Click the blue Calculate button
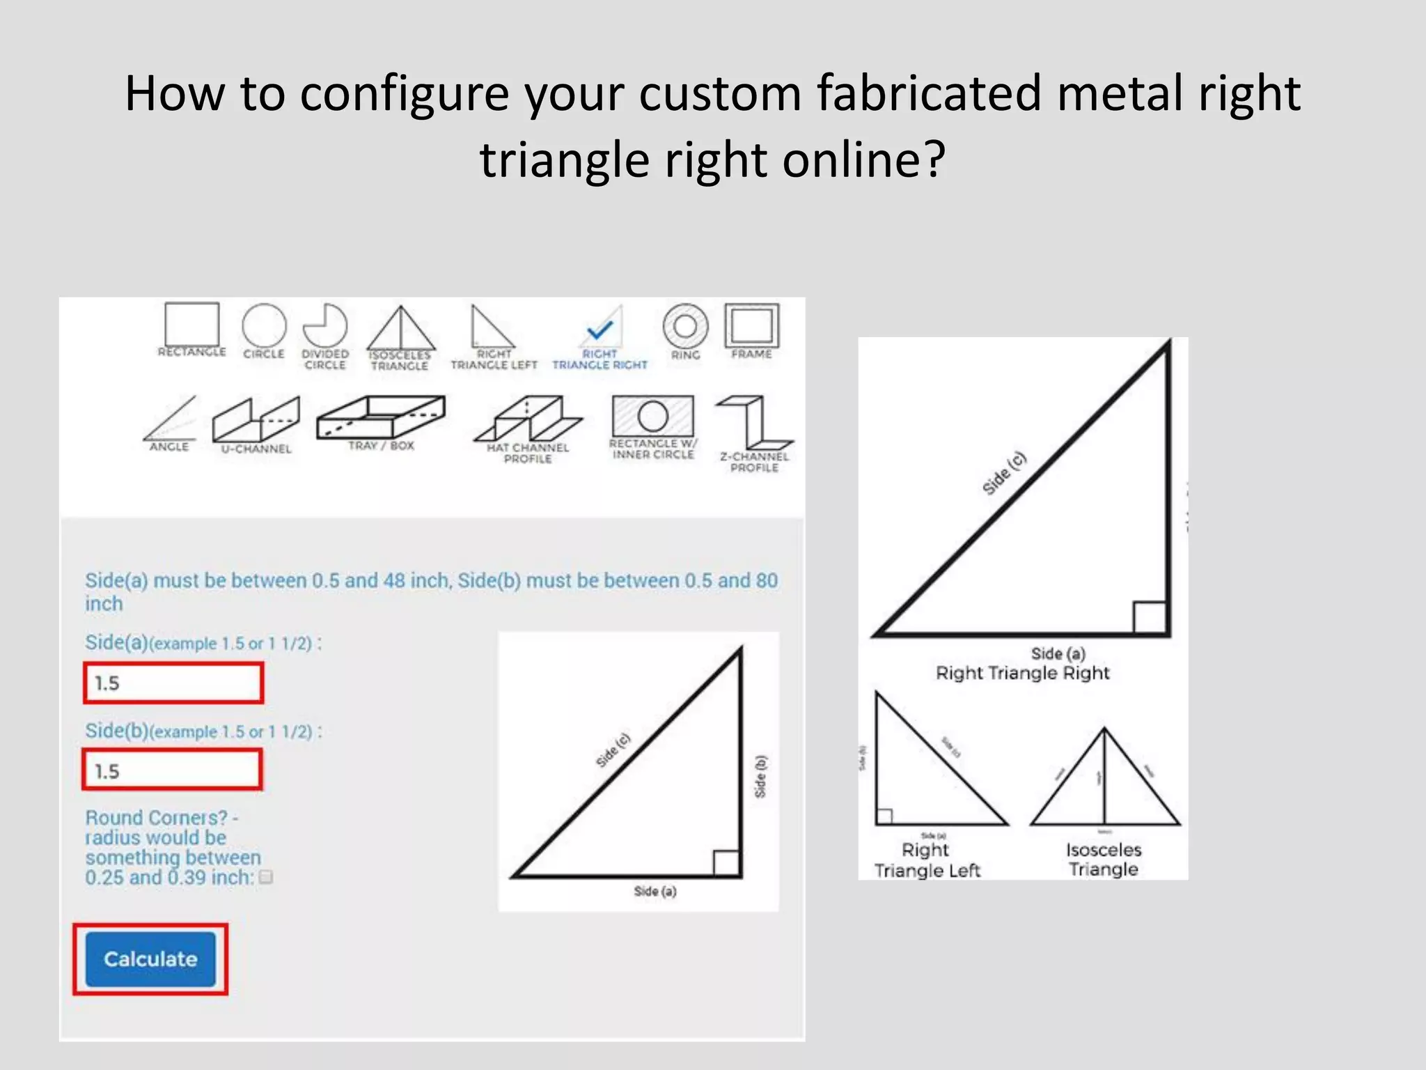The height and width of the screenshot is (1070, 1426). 150,959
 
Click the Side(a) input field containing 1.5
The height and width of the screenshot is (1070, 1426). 173,683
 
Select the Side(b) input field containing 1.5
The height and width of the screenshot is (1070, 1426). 172,770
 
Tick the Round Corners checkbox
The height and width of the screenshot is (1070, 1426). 265,877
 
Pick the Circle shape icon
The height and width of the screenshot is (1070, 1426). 264,325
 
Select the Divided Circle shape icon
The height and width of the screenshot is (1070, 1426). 325,325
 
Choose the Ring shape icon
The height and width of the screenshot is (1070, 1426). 685,326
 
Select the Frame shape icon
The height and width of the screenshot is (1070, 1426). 752,325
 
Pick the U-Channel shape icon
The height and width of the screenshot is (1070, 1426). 256,419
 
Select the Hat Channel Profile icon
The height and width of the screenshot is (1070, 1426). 528,419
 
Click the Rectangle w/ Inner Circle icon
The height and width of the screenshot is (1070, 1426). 652,416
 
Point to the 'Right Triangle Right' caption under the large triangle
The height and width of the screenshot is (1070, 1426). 1022,673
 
